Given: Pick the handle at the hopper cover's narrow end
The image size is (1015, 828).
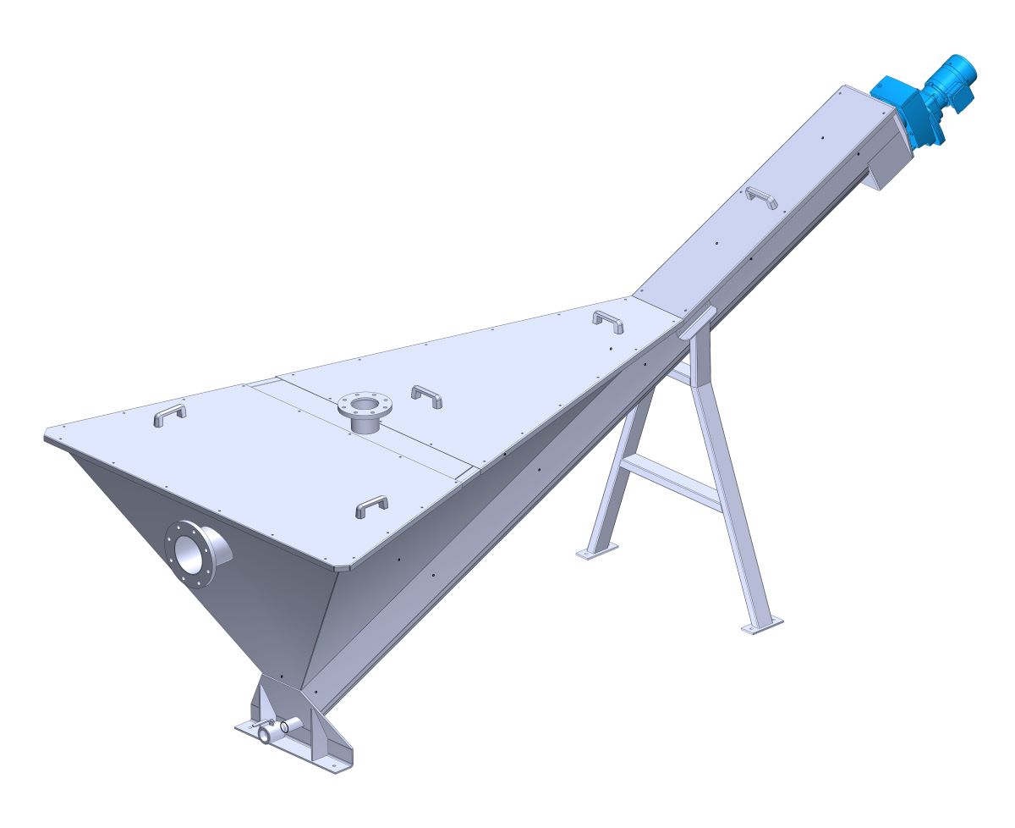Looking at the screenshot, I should (608, 320).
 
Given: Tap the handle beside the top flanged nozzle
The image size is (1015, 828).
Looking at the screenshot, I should (426, 395).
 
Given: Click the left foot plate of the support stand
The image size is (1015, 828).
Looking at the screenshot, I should (596, 552).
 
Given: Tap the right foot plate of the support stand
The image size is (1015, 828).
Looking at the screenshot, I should (761, 626).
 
